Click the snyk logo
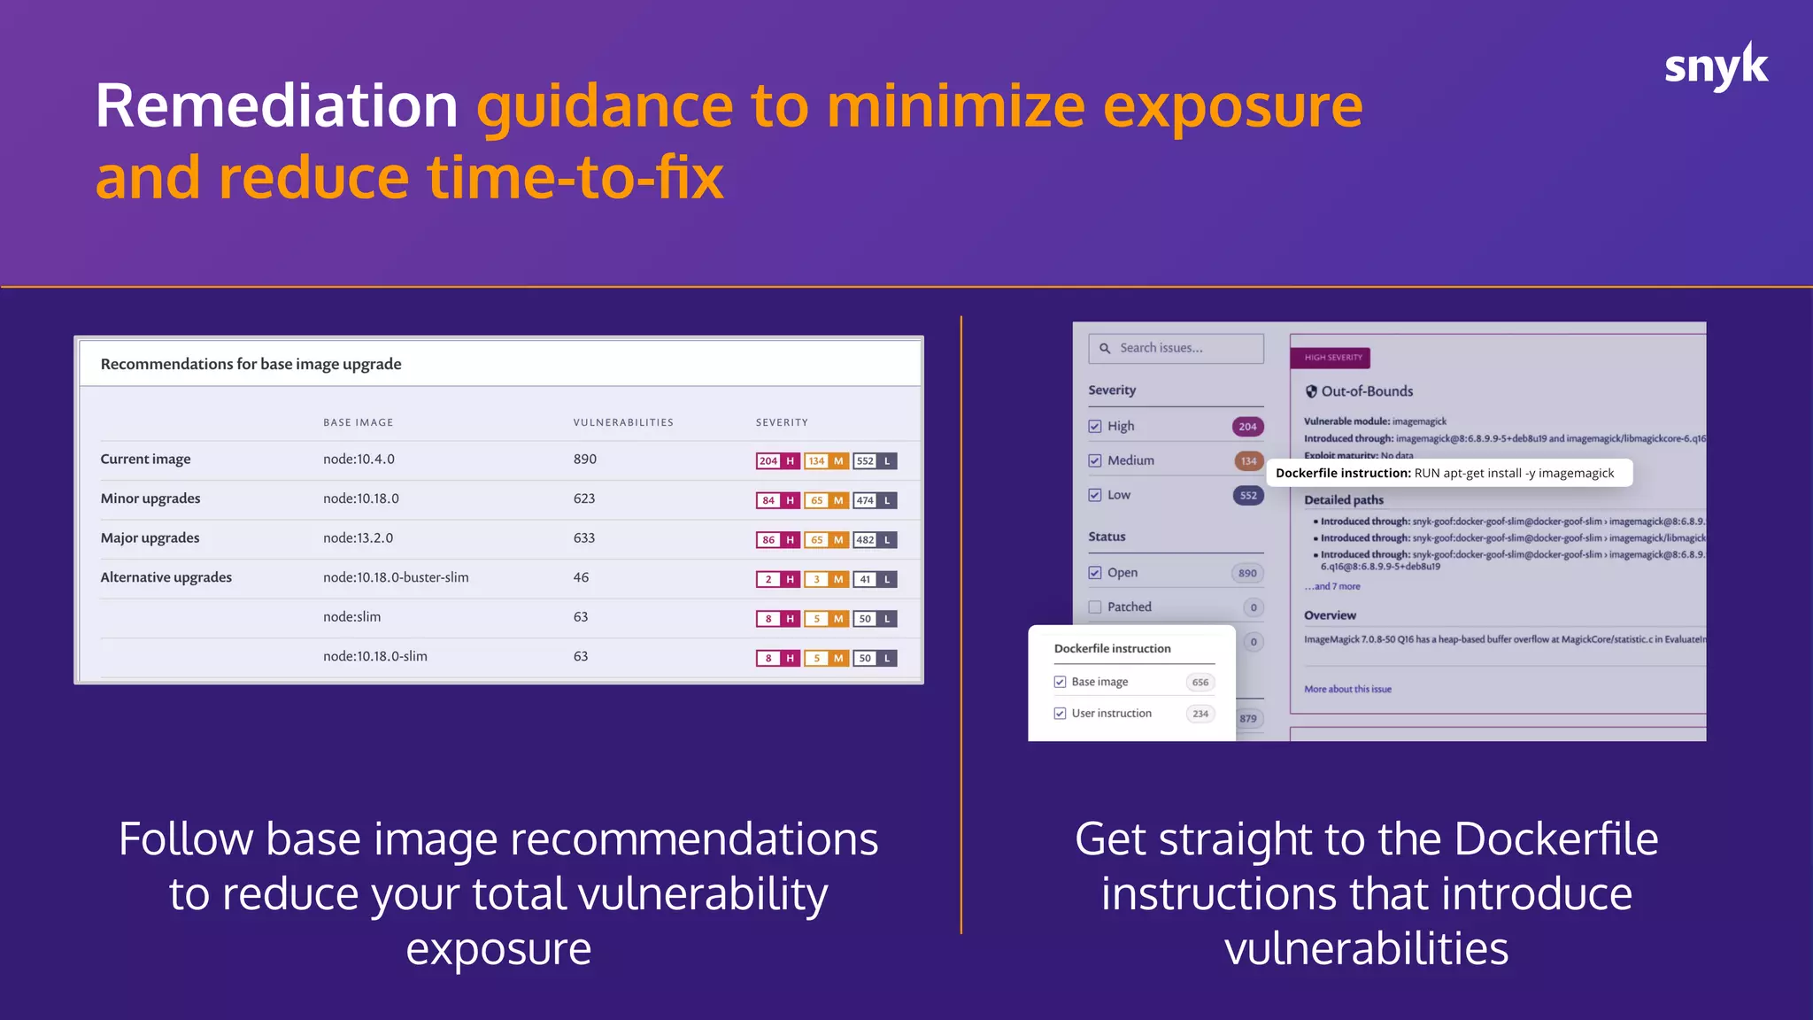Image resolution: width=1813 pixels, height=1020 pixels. pyautogui.click(x=1715, y=67)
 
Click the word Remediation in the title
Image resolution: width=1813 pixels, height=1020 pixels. pyautogui.click(x=276, y=106)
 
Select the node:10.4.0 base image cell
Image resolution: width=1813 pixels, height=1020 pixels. pyautogui.click(x=359, y=459)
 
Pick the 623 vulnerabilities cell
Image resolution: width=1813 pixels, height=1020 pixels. pyautogui.click(x=584, y=498)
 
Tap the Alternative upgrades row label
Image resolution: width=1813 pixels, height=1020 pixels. pyautogui.click(x=166, y=577)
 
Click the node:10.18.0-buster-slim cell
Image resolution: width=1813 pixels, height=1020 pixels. pyautogui.click(x=396, y=577)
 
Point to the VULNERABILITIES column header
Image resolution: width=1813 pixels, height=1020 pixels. pyautogui.click(x=623, y=422)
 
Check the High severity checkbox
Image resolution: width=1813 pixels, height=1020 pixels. pyautogui.click(x=1095, y=426)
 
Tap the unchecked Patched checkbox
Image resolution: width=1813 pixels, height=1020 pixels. pyautogui.click(x=1095, y=607)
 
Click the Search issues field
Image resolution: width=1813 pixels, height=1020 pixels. pyautogui.click(x=1176, y=348)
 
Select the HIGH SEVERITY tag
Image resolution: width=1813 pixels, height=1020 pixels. pyautogui.click(x=1331, y=358)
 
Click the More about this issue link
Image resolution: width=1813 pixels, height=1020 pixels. pyautogui.click(x=1347, y=689)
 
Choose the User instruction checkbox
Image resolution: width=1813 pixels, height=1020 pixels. pyautogui.click(x=1060, y=714)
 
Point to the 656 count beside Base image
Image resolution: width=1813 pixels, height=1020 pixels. pyautogui.click(x=1200, y=683)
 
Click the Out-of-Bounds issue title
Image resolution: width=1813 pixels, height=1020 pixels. pyautogui.click(x=1366, y=391)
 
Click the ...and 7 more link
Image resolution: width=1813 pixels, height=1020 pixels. pyautogui.click(x=1332, y=586)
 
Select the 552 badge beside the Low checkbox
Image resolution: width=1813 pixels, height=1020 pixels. pyautogui.click(x=1247, y=495)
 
